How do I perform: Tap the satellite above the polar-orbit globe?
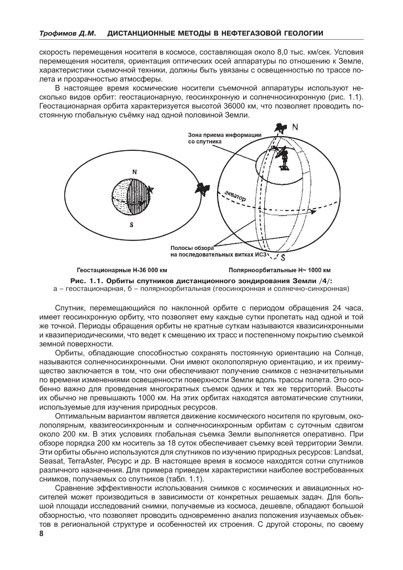point(280,128)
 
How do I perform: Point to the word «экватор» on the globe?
point(235,196)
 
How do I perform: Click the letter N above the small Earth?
point(134,172)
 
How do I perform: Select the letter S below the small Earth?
point(131,225)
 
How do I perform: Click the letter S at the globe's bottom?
point(283,257)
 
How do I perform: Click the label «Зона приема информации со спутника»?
point(225,138)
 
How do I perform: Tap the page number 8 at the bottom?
point(41,533)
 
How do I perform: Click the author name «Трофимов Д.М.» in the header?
point(68,33)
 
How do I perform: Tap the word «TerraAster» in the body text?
point(84,462)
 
